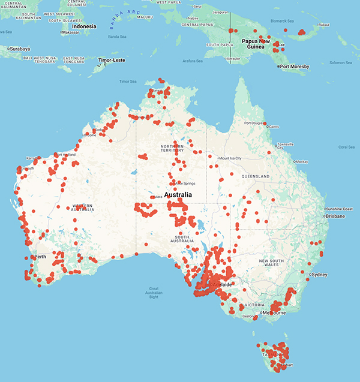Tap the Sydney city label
[319, 275]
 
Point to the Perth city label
[41, 257]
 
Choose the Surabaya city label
[20, 48]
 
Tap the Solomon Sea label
[340, 62]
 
